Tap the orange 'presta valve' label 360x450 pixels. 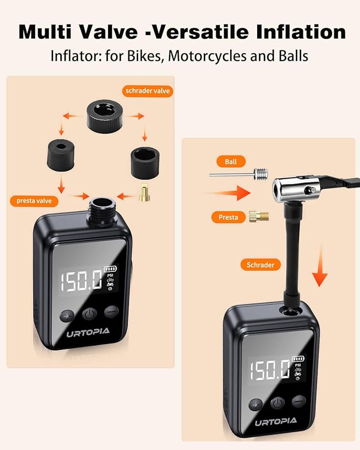click(x=33, y=201)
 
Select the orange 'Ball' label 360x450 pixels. click(x=231, y=161)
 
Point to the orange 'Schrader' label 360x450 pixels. click(x=260, y=264)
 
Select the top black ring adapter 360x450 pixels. click(x=106, y=114)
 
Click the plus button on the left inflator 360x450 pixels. click(x=66, y=314)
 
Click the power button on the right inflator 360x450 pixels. click(x=277, y=403)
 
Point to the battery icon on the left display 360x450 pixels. click(x=111, y=268)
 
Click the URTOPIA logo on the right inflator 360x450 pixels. click(x=275, y=422)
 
